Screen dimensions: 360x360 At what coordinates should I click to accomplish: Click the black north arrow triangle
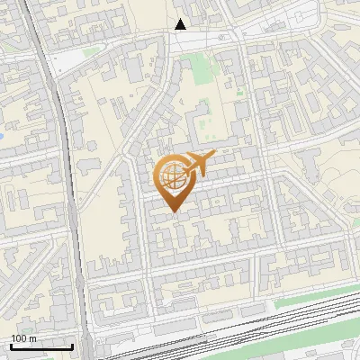click(x=181, y=24)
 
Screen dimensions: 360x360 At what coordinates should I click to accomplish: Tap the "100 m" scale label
click(x=23, y=338)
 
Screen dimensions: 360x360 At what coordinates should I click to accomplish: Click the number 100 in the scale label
click(x=19, y=338)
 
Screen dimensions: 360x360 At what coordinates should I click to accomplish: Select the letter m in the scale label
click(x=32, y=338)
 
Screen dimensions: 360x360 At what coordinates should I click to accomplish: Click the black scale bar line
click(x=41, y=346)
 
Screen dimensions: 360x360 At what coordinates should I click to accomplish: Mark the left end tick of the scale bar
click(x=11, y=345)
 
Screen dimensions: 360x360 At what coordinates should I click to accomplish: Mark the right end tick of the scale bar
click(x=72, y=345)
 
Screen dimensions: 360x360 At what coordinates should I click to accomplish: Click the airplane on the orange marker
click(x=198, y=163)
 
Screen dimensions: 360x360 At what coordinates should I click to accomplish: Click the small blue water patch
click(x=3, y=136)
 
